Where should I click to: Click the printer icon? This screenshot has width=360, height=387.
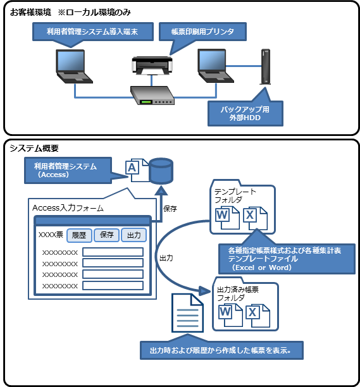click(152, 65)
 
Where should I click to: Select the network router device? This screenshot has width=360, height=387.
click(152, 95)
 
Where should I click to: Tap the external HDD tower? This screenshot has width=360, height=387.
click(266, 66)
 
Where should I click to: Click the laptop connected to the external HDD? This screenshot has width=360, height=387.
click(216, 66)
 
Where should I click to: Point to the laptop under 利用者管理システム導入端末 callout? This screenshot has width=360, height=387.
click(74, 66)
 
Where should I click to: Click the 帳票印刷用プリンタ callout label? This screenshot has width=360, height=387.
click(202, 32)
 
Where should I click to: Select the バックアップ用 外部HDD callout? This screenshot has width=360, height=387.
click(245, 114)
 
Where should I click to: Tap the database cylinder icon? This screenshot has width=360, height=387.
click(161, 171)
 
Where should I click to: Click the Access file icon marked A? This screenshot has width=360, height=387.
click(137, 170)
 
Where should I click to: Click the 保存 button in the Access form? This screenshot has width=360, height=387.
click(107, 235)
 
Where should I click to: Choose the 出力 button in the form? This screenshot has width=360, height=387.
click(134, 235)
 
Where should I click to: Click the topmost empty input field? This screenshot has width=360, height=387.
click(113, 252)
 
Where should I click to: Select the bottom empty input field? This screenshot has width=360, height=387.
click(113, 286)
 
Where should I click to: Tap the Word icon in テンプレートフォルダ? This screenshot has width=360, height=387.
click(227, 218)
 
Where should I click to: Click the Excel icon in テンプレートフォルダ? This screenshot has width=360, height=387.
click(255, 218)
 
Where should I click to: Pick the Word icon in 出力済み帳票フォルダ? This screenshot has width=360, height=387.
click(230, 315)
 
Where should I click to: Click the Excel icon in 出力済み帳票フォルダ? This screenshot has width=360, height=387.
click(258, 316)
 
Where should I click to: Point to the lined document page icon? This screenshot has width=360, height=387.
click(188, 313)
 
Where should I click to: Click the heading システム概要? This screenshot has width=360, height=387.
click(34, 148)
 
